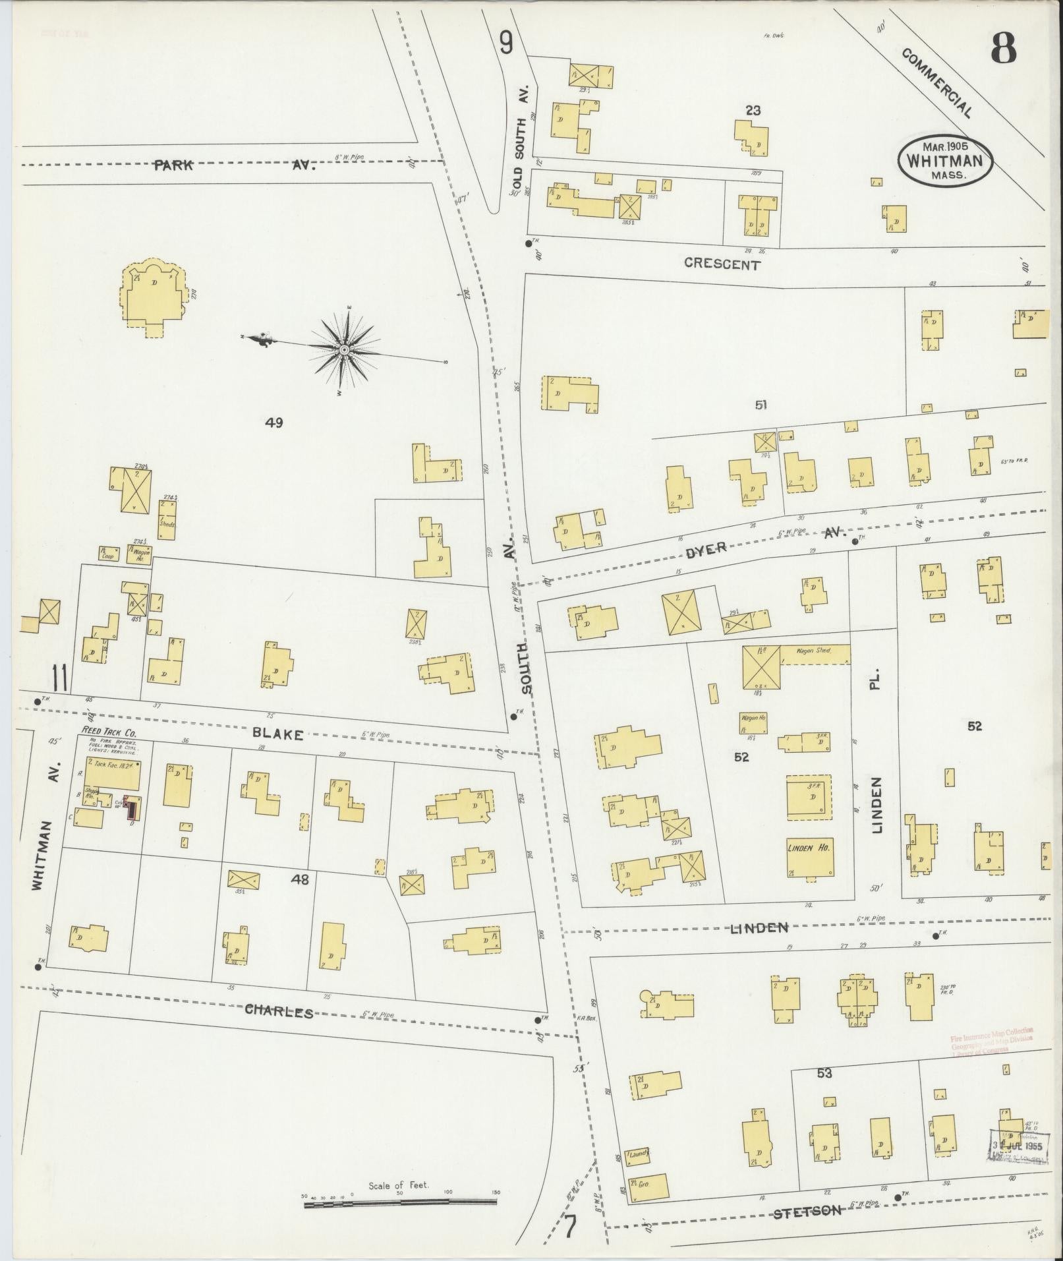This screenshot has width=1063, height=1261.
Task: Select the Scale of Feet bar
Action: click(x=400, y=1203)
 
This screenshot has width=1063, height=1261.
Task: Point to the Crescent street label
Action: click(x=722, y=264)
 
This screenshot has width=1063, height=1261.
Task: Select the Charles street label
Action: click(x=279, y=1011)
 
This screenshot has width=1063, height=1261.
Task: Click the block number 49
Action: click(x=273, y=423)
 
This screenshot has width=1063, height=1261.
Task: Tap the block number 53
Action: click(x=824, y=1073)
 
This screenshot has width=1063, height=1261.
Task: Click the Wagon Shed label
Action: click(x=814, y=651)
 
